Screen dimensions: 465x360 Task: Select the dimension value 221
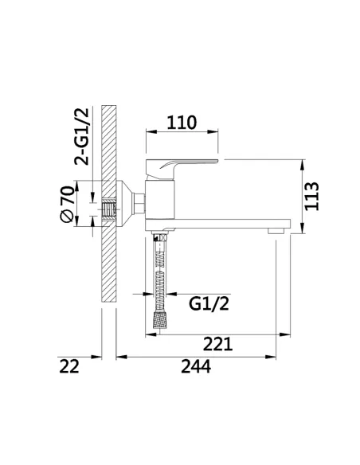[x=217, y=343]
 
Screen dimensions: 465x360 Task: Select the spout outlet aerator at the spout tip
[x=276, y=229]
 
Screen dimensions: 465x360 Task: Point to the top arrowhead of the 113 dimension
[x=303, y=165]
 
